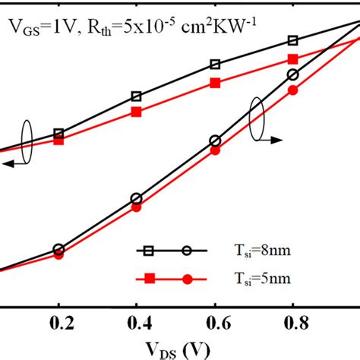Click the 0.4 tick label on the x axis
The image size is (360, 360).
click(137, 322)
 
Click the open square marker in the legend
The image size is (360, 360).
click(149, 249)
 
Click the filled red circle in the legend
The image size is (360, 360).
click(188, 279)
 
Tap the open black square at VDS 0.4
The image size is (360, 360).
click(137, 96)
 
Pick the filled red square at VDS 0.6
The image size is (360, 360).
click(215, 84)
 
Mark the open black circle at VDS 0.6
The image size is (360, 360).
click(215, 141)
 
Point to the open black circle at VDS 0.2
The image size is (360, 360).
click(58, 249)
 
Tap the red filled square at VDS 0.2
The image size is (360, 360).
click(58, 141)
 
